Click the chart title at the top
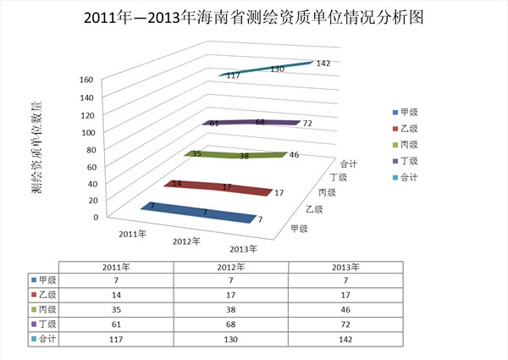coord(255,17)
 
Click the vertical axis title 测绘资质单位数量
coord(37,148)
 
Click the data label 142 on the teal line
coord(323,64)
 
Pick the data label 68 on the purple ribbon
coord(260,123)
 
